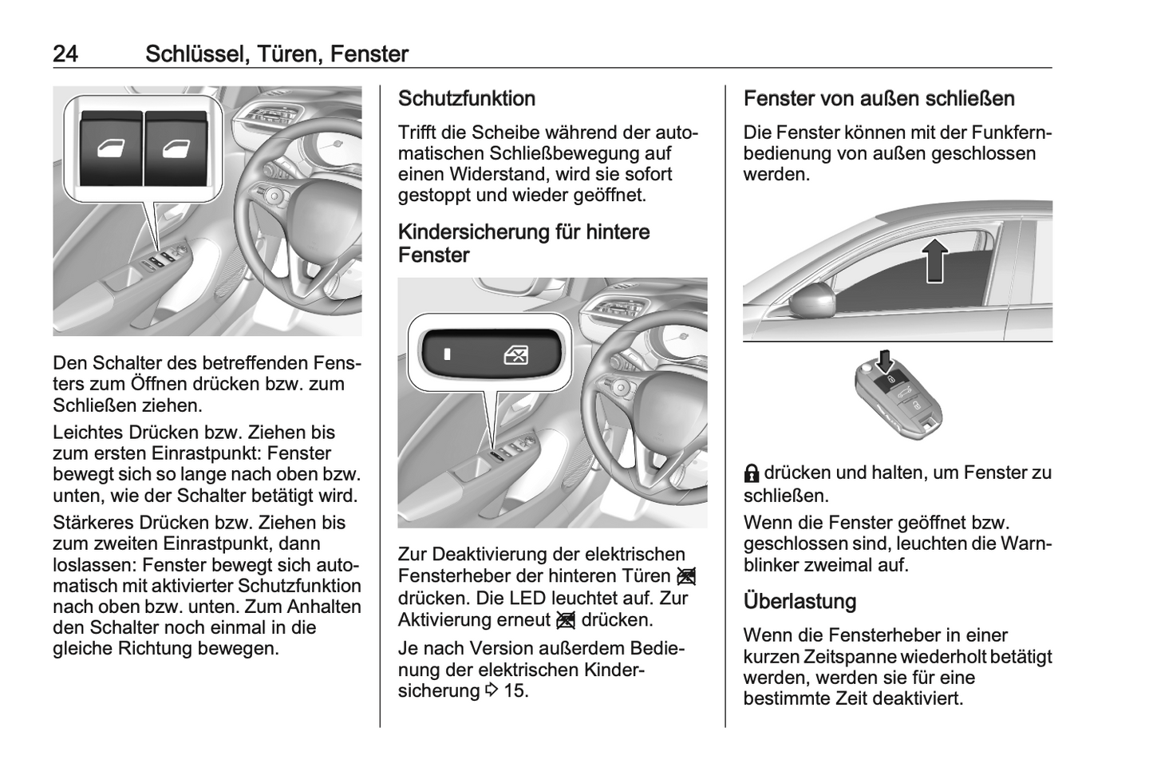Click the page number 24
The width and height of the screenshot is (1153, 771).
[x=65, y=54]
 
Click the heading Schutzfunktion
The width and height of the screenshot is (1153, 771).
[x=467, y=99]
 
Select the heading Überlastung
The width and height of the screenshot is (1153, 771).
[x=800, y=601]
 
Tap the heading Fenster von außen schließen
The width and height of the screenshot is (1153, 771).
[x=879, y=99]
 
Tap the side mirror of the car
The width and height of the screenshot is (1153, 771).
[x=813, y=302]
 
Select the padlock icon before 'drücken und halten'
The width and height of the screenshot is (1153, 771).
[x=752, y=474]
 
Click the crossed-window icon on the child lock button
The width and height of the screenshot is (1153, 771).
[x=516, y=354]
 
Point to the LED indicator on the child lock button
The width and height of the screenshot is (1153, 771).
[x=447, y=354]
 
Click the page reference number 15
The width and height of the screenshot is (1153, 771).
[x=515, y=691]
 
